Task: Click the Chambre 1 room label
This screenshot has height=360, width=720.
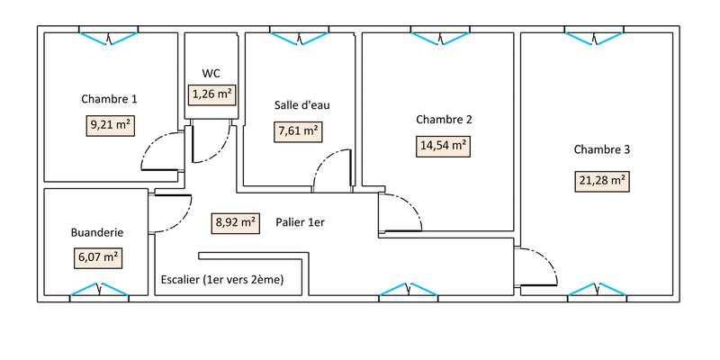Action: point(109,99)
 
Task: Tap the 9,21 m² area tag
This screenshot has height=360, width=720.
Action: point(110,126)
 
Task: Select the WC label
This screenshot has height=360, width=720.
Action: point(211,73)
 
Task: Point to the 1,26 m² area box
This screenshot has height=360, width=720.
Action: point(211,93)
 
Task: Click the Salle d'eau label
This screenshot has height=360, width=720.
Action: point(301,104)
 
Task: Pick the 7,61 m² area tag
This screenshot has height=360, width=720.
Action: point(299,130)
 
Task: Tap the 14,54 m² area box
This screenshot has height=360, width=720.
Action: point(443,145)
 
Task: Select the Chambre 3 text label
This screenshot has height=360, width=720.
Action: point(601,149)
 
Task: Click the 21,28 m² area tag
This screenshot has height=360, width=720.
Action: point(602,181)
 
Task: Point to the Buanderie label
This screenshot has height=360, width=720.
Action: point(96,232)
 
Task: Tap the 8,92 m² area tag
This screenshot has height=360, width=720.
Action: point(235,221)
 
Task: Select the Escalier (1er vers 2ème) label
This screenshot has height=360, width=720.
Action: point(221,280)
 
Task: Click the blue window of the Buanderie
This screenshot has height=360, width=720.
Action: point(98,291)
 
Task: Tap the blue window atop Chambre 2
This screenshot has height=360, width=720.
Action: point(442,36)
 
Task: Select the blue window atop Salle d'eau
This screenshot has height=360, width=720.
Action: point(299,36)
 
